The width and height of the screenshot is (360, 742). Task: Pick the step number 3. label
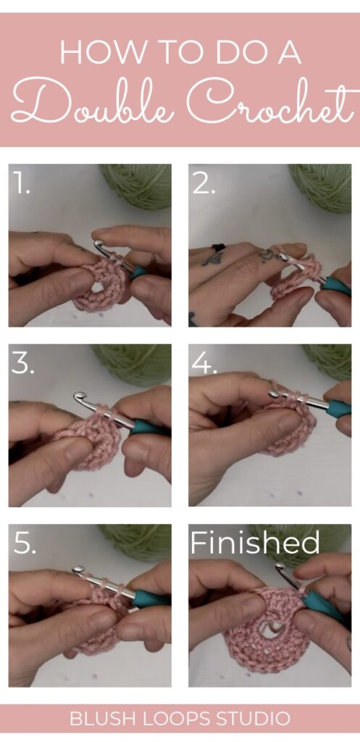tap(24, 364)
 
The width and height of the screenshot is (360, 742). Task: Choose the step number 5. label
tap(24, 545)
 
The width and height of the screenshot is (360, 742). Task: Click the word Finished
tap(254, 543)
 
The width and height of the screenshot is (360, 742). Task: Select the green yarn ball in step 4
tap(330, 359)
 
